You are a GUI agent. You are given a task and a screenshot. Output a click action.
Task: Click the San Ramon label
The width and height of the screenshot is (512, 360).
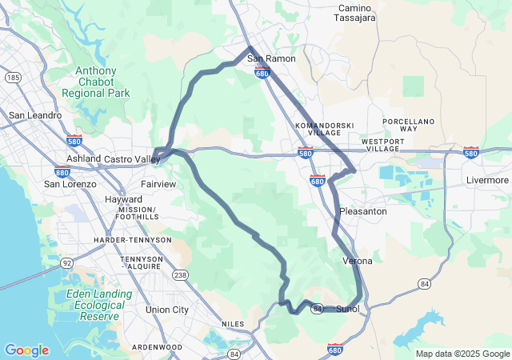(271, 58)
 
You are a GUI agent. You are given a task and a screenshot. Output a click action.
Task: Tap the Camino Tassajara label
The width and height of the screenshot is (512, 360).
(354, 13)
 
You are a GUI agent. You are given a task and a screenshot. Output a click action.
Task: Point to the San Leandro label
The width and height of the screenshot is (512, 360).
(35, 115)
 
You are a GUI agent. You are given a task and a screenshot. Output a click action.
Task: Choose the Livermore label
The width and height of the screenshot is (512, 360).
(488, 180)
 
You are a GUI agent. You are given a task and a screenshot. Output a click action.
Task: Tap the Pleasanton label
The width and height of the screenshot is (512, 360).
(363, 211)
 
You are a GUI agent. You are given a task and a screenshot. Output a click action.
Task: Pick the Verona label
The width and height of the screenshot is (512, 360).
(357, 261)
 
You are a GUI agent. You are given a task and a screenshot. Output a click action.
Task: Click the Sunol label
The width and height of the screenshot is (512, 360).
(348, 309)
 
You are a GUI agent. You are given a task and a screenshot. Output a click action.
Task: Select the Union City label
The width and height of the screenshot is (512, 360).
(167, 310)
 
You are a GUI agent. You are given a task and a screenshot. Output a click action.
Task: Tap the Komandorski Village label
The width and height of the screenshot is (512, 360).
(318, 130)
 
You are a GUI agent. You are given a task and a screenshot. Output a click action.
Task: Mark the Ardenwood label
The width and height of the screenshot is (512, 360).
(157, 347)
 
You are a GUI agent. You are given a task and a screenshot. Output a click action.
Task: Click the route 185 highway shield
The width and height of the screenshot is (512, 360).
(12, 78)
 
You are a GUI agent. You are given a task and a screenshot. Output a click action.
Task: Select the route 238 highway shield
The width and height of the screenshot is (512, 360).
(181, 275)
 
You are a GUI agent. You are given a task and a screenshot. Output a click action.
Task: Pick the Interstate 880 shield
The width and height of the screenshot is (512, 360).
(62, 171)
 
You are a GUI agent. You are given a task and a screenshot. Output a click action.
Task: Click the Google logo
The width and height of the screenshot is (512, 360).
(26, 350)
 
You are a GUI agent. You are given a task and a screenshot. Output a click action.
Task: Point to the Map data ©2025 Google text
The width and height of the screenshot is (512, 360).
(462, 354)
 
